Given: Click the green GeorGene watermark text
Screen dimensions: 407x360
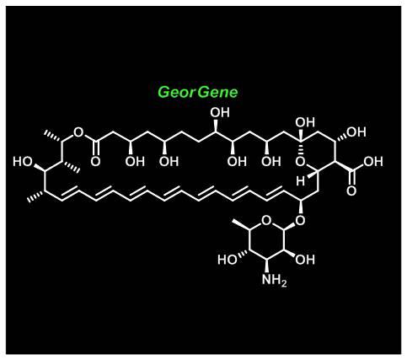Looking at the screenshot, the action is [198, 92].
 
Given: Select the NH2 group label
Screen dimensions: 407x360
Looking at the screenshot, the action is [274, 280].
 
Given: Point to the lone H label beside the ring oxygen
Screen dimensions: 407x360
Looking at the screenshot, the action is [300, 181].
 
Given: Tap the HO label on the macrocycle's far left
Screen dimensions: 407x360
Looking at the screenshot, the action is [23, 162].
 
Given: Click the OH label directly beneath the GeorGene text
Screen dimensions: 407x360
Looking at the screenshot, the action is [220, 113].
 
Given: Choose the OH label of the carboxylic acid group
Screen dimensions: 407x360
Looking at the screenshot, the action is [373, 162].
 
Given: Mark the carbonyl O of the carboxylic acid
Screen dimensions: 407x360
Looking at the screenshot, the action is [351, 191].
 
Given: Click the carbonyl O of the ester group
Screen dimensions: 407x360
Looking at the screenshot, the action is [95, 162].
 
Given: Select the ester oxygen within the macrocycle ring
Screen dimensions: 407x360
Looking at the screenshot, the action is [78, 132].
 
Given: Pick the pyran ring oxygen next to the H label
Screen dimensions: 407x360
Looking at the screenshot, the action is [300, 162].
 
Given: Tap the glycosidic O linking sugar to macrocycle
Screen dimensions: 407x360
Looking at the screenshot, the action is [300, 221].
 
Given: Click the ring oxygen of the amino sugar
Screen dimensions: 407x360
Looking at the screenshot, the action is [266, 221].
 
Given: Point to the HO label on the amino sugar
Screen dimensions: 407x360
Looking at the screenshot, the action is [228, 260].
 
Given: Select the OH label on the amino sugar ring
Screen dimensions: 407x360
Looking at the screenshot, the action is [305, 260].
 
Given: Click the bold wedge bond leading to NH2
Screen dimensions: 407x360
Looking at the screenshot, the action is [266, 266].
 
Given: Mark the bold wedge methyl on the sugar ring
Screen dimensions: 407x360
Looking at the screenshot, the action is [241, 224].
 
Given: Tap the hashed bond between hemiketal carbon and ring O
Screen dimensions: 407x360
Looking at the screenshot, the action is [300, 148].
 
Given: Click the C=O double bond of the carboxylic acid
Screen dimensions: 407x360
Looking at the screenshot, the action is [351, 177].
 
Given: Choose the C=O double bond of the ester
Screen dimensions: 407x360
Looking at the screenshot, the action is [96, 148].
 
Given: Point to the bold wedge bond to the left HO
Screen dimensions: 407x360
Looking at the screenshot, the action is [40, 168].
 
